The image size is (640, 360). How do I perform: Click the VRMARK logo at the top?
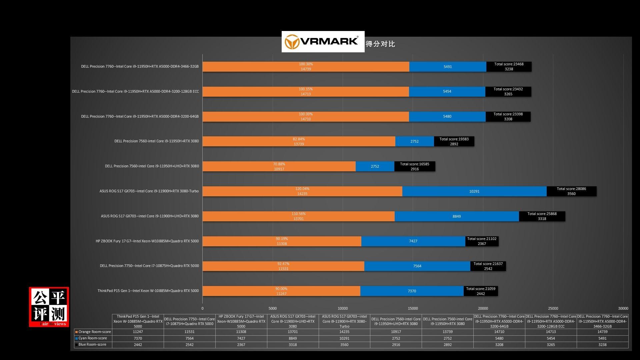pos(323,42)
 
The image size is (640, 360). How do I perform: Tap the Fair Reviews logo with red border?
pos(49,307)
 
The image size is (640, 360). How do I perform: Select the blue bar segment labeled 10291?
pos(474,191)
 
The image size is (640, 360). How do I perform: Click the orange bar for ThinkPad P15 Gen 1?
pos(281,291)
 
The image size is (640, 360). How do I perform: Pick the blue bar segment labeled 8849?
pos(456,216)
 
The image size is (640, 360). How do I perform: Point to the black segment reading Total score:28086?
pos(571,191)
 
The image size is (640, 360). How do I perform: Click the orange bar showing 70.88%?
pos(279,166)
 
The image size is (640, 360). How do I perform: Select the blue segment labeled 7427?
pos(413,241)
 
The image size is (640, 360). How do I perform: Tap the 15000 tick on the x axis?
pos(413,308)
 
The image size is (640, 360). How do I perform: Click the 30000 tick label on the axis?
pos(623,308)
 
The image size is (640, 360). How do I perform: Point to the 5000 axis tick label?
pos(273,308)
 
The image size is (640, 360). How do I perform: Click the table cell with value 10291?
pos(344,338)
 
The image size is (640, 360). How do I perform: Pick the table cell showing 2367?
pos(241,345)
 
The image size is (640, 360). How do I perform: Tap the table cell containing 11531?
pos(189,332)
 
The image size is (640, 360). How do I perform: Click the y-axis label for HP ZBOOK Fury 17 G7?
pos(147,241)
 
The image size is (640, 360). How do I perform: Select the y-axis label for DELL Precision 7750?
pos(149,266)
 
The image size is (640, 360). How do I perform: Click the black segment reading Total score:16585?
pos(415,166)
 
